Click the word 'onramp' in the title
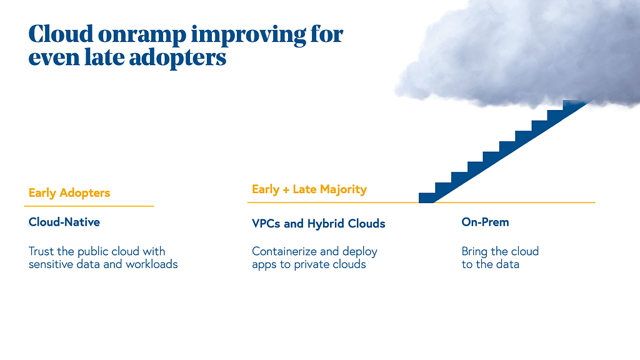coord(142,35)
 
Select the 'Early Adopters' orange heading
coord(69,193)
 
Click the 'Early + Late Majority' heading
coord(309,189)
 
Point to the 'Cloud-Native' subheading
coord(64,222)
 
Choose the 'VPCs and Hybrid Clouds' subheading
coord(318,224)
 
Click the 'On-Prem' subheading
coord(485,222)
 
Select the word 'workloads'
coord(152,264)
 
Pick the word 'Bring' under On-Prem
coord(474,251)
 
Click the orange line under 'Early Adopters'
coord(89,206)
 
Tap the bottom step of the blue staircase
coord(427,198)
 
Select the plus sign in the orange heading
coord(286,190)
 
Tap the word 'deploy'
coord(359,252)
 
